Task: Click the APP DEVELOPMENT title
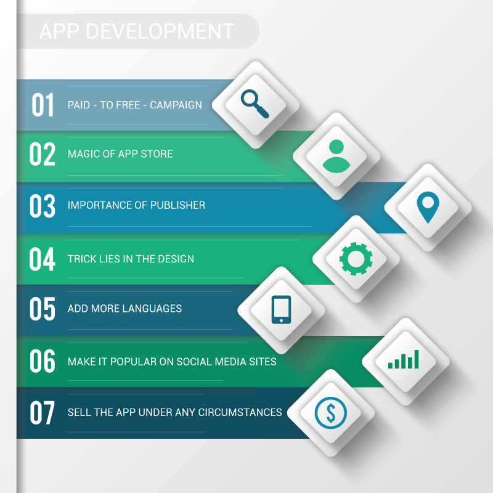click(x=137, y=31)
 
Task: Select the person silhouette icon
click(x=336, y=155)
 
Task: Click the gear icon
click(x=356, y=258)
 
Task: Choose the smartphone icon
click(x=281, y=309)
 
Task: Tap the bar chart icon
click(x=404, y=359)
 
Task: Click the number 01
click(x=43, y=105)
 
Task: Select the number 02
click(x=43, y=155)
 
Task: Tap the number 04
click(x=43, y=259)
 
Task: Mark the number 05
click(x=43, y=309)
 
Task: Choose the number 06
click(x=43, y=361)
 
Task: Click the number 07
click(x=43, y=413)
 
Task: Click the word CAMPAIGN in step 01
click(x=176, y=105)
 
